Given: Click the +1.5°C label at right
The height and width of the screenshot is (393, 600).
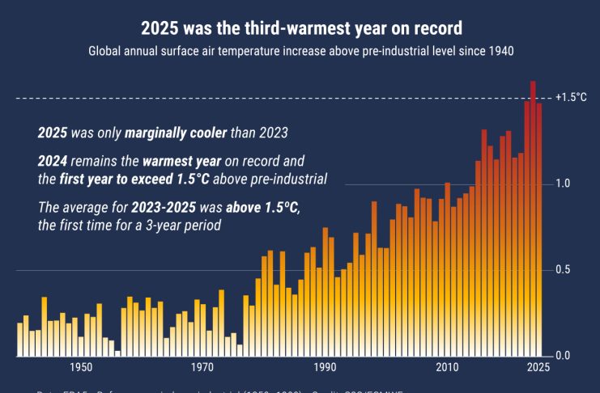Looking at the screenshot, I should click(x=571, y=98).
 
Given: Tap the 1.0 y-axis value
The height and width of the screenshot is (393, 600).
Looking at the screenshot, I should click(x=563, y=184).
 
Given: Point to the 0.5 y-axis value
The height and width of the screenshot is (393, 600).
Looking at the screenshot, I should click(x=563, y=270).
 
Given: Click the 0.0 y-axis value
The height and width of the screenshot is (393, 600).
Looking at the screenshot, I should click(x=563, y=356).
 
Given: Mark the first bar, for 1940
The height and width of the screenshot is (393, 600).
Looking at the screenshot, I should click(x=20, y=340).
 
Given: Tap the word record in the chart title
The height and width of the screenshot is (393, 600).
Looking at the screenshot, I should click(x=437, y=29).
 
